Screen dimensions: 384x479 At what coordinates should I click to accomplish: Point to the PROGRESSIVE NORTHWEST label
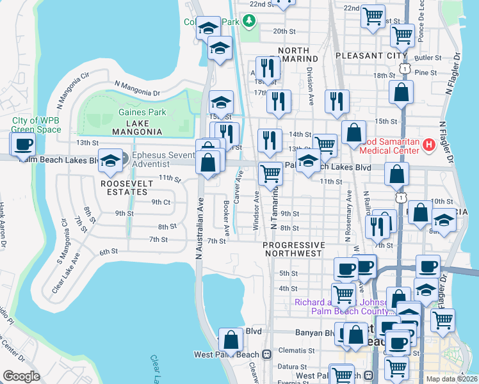point(294,249)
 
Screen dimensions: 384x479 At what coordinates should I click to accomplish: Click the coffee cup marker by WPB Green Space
point(24,145)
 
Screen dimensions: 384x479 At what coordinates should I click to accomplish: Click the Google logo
point(21,376)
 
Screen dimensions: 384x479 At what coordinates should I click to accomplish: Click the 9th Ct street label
point(159,202)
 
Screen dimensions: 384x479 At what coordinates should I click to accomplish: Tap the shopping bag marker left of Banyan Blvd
point(231,339)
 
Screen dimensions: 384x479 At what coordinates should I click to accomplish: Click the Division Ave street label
point(310,86)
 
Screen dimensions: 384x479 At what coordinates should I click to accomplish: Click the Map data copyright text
point(451,379)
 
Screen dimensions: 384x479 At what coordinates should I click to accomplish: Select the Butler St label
point(425,58)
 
